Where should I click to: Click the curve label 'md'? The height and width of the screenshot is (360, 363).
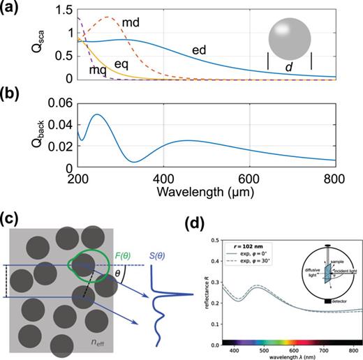tap(131, 24)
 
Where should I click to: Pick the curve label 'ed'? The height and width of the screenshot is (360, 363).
tap(200, 50)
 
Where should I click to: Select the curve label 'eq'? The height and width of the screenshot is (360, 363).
tap(121, 63)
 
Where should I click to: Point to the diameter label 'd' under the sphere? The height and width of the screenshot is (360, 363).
tap(289, 67)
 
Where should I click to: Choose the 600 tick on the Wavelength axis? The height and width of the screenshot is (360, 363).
tap(249, 177)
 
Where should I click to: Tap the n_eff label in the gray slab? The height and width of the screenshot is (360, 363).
tap(97, 343)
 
